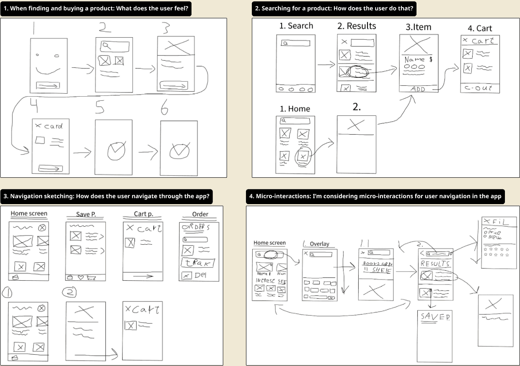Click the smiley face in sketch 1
(48, 63)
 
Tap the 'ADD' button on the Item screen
(418, 89)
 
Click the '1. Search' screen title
(296, 26)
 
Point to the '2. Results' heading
(357, 26)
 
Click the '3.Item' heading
(418, 27)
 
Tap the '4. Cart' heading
(480, 28)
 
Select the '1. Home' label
(295, 109)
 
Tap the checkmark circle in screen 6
(179, 151)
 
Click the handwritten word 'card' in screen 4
(53, 126)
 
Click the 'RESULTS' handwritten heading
(435, 264)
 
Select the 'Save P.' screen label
(86, 214)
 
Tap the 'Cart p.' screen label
(143, 214)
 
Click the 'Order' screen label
(200, 214)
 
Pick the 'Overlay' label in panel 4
(319, 244)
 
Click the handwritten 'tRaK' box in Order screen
(197, 263)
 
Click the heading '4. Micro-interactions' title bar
(375, 196)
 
